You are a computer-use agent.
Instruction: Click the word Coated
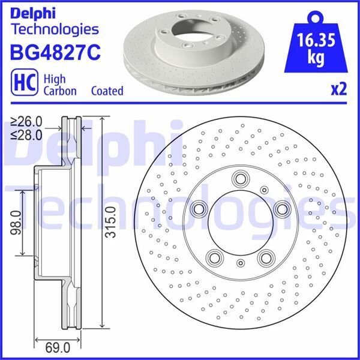point(107,91)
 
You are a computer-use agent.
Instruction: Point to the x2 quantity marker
point(338,90)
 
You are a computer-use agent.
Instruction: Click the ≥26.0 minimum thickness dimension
point(26,122)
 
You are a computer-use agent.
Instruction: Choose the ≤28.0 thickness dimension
point(26,134)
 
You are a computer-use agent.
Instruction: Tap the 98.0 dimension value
point(17,222)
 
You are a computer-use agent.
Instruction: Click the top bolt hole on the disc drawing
point(241,178)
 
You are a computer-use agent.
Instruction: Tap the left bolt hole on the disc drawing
point(199,209)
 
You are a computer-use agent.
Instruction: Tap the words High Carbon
point(59,85)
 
